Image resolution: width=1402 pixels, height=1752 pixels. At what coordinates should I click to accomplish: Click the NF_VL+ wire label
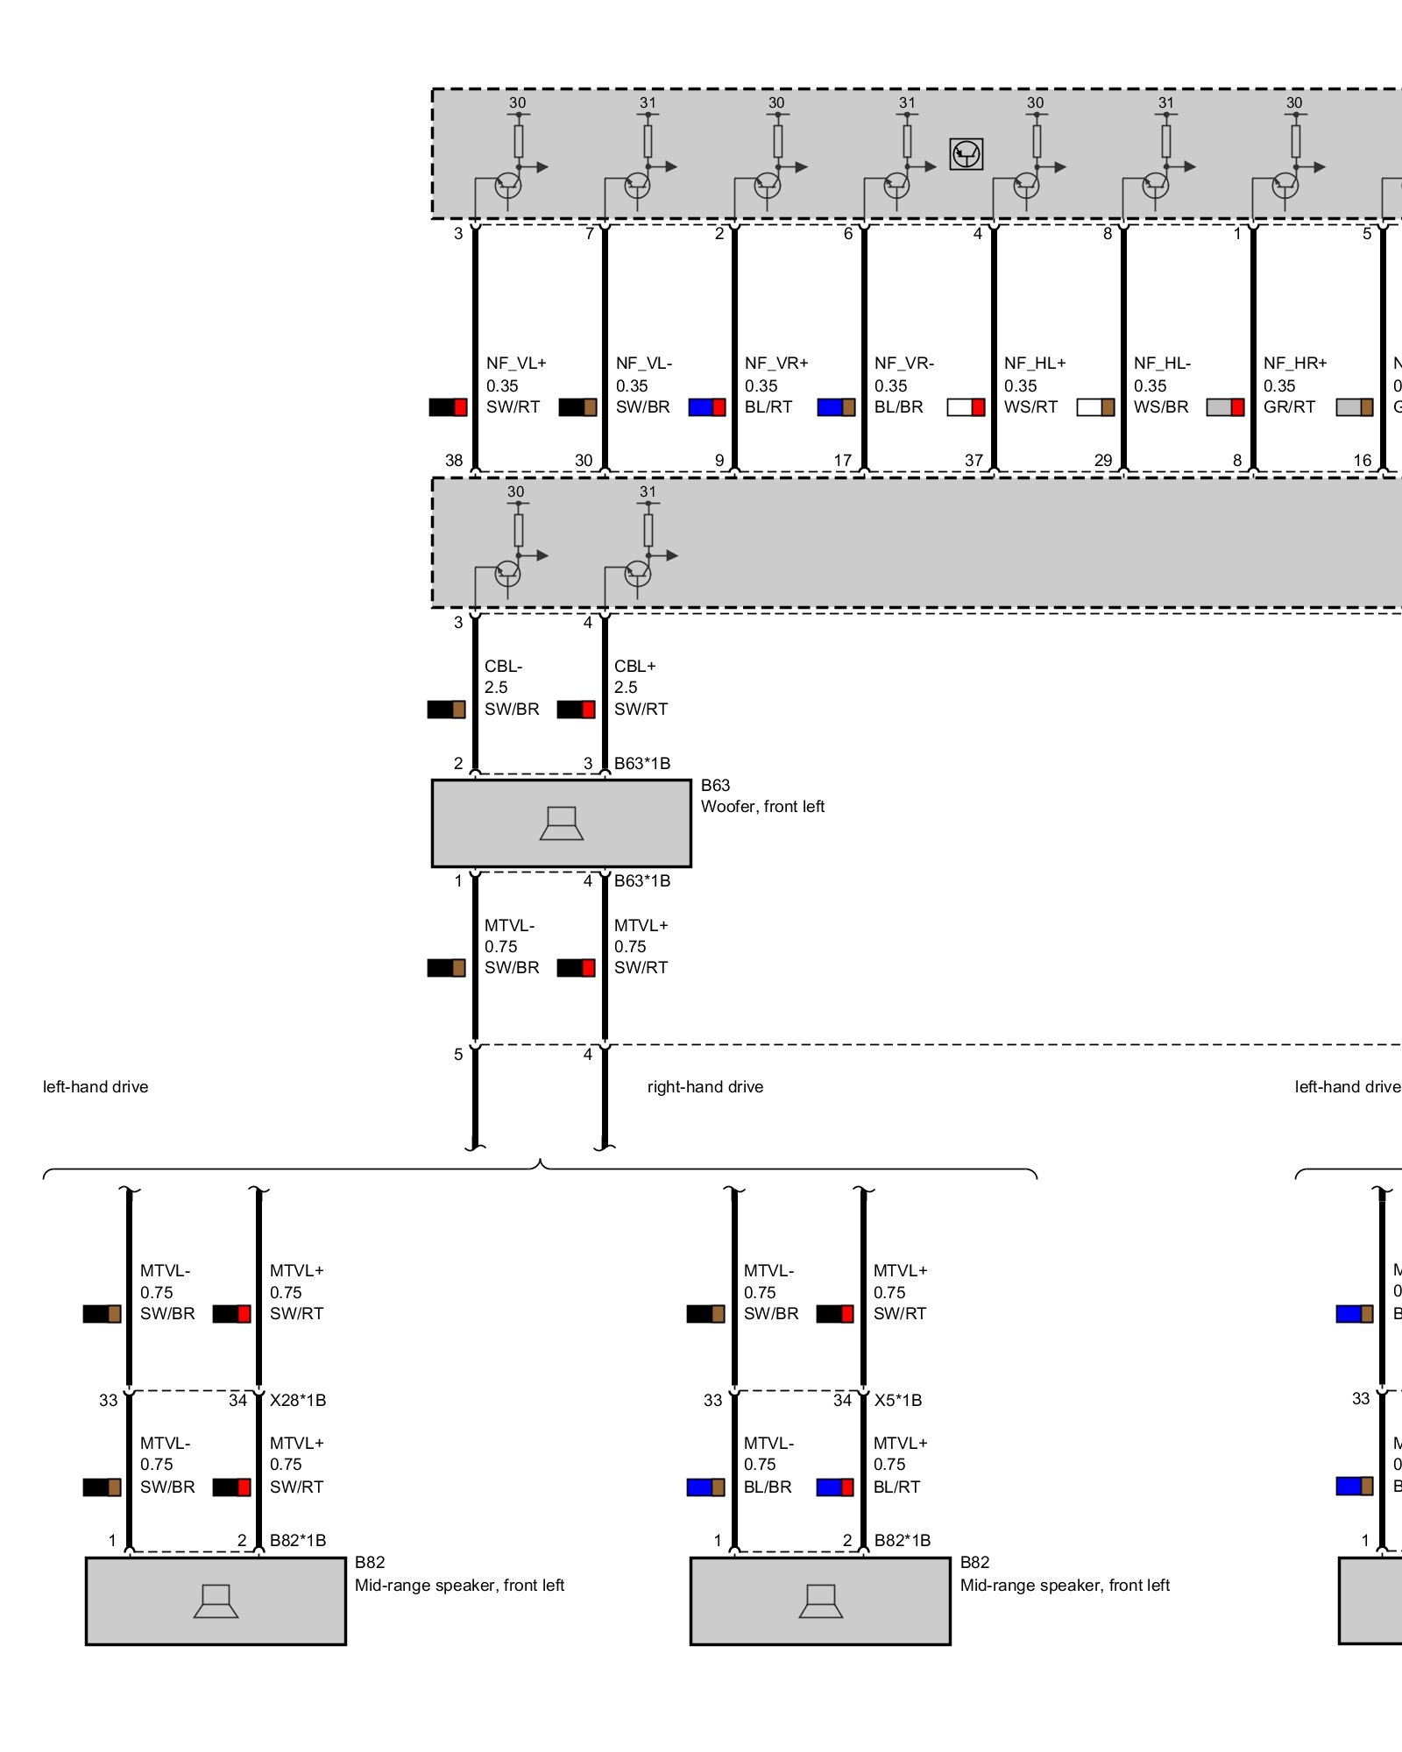pos(516,364)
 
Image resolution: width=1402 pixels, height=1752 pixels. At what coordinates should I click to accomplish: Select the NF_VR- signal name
pos(903,364)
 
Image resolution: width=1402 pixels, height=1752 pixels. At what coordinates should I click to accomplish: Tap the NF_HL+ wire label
pos(1034,364)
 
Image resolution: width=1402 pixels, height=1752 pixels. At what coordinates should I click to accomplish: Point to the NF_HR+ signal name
pos(1294,364)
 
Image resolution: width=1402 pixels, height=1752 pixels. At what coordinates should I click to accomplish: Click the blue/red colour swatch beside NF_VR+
pos(706,407)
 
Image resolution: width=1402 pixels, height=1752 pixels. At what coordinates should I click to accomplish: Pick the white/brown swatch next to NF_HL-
pos(1095,407)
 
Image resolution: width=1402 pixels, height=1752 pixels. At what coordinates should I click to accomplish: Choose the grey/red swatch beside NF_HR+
pos(1225,407)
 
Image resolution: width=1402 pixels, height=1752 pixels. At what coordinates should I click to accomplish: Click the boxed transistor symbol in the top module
pos(966,154)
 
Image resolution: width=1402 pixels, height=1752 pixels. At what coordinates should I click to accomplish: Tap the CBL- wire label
pos(503,667)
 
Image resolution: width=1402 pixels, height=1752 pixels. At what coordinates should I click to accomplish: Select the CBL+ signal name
pos(634,667)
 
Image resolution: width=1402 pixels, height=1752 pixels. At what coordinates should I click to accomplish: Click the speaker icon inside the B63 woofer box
pos(561,823)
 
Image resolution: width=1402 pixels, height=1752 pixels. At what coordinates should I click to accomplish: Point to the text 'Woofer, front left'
pos(762,807)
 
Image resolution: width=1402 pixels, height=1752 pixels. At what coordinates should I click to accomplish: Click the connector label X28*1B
pos(298,1401)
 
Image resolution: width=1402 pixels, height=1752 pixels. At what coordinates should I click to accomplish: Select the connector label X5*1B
pos(897,1401)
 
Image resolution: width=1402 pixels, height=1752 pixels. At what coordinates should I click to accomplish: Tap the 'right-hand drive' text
pos(705,1087)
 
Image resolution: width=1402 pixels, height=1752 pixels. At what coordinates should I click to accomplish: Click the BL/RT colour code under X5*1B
pos(896,1487)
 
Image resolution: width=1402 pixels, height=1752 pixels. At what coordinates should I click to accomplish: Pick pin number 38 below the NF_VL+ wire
pos(454,461)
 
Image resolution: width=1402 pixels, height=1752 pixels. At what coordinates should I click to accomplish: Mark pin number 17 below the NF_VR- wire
pos(842,461)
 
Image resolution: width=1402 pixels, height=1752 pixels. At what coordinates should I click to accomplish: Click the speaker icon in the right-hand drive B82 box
pos(820,1601)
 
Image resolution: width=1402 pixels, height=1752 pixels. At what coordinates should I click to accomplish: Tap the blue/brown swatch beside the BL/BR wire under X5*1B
pos(705,1487)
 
